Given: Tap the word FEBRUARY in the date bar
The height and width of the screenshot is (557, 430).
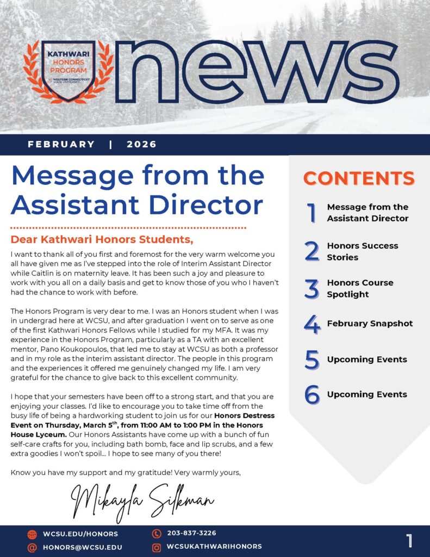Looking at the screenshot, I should pos(61,144).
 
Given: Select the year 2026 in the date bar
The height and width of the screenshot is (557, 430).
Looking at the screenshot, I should pos(141,144).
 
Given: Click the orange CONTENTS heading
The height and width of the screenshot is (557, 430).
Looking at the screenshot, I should pos(359,178).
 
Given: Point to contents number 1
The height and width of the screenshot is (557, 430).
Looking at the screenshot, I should pos(311,213).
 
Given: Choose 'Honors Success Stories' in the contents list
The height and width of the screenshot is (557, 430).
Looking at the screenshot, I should pos(362,251).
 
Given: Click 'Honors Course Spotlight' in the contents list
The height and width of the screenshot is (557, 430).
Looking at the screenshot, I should pos(360,288).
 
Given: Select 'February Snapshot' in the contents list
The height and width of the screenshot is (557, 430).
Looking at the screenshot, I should pos(370,324).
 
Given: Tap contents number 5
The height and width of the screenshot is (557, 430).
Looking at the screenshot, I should pos(311,360).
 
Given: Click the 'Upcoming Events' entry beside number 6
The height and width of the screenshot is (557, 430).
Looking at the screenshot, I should pos(367,394).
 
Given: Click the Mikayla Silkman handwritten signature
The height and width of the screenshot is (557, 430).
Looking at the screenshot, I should pos(142,497).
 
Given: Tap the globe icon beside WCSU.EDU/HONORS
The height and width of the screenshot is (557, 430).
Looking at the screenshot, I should pos(32,534).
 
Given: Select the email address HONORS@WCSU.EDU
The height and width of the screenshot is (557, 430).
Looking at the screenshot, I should pos(82,547).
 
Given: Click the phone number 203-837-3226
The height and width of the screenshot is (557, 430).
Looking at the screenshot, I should pos(191,533).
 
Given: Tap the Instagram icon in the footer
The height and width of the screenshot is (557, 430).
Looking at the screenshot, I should pos(157,547).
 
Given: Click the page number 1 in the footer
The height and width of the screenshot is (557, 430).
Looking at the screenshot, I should pos(409,541).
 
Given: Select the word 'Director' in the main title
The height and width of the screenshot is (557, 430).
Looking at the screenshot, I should pos(206,204).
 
